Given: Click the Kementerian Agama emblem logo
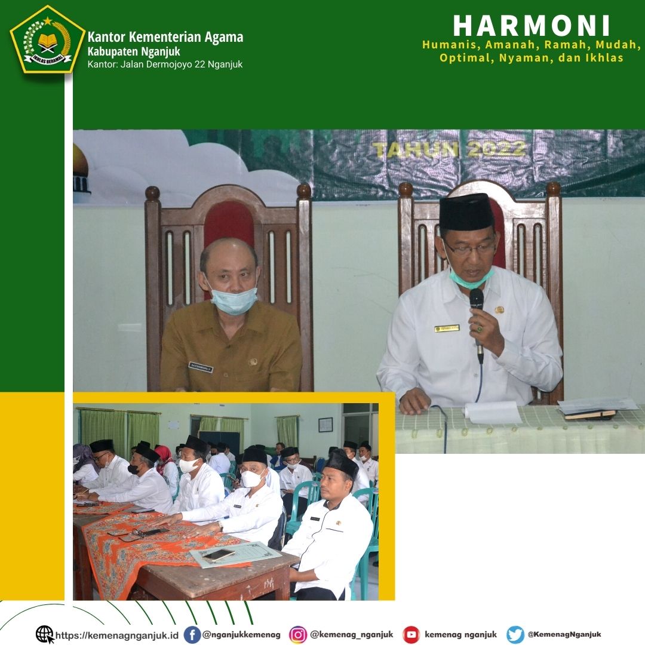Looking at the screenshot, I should (x=47, y=39).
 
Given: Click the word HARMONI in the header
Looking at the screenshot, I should (x=532, y=26).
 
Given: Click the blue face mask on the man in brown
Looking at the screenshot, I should (x=234, y=300).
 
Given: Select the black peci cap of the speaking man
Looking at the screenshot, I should (x=466, y=213).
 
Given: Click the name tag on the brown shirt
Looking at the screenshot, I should (x=200, y=366).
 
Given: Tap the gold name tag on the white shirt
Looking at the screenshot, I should (x=447, y=328).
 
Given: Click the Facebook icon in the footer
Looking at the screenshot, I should (x=192, y=634).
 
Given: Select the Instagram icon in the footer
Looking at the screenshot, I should (x=298, y=634).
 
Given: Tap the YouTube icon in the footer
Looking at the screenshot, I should (x=411, y=634).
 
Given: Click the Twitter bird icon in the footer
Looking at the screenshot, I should (x=515, y=634).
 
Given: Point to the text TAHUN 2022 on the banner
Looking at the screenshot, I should (x=449, y=149).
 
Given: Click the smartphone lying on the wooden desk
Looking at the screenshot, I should (x=219, y=555).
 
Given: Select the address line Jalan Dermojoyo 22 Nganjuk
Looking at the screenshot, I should (x=165, y=64).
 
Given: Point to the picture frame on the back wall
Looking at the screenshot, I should (x=325, y=424).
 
